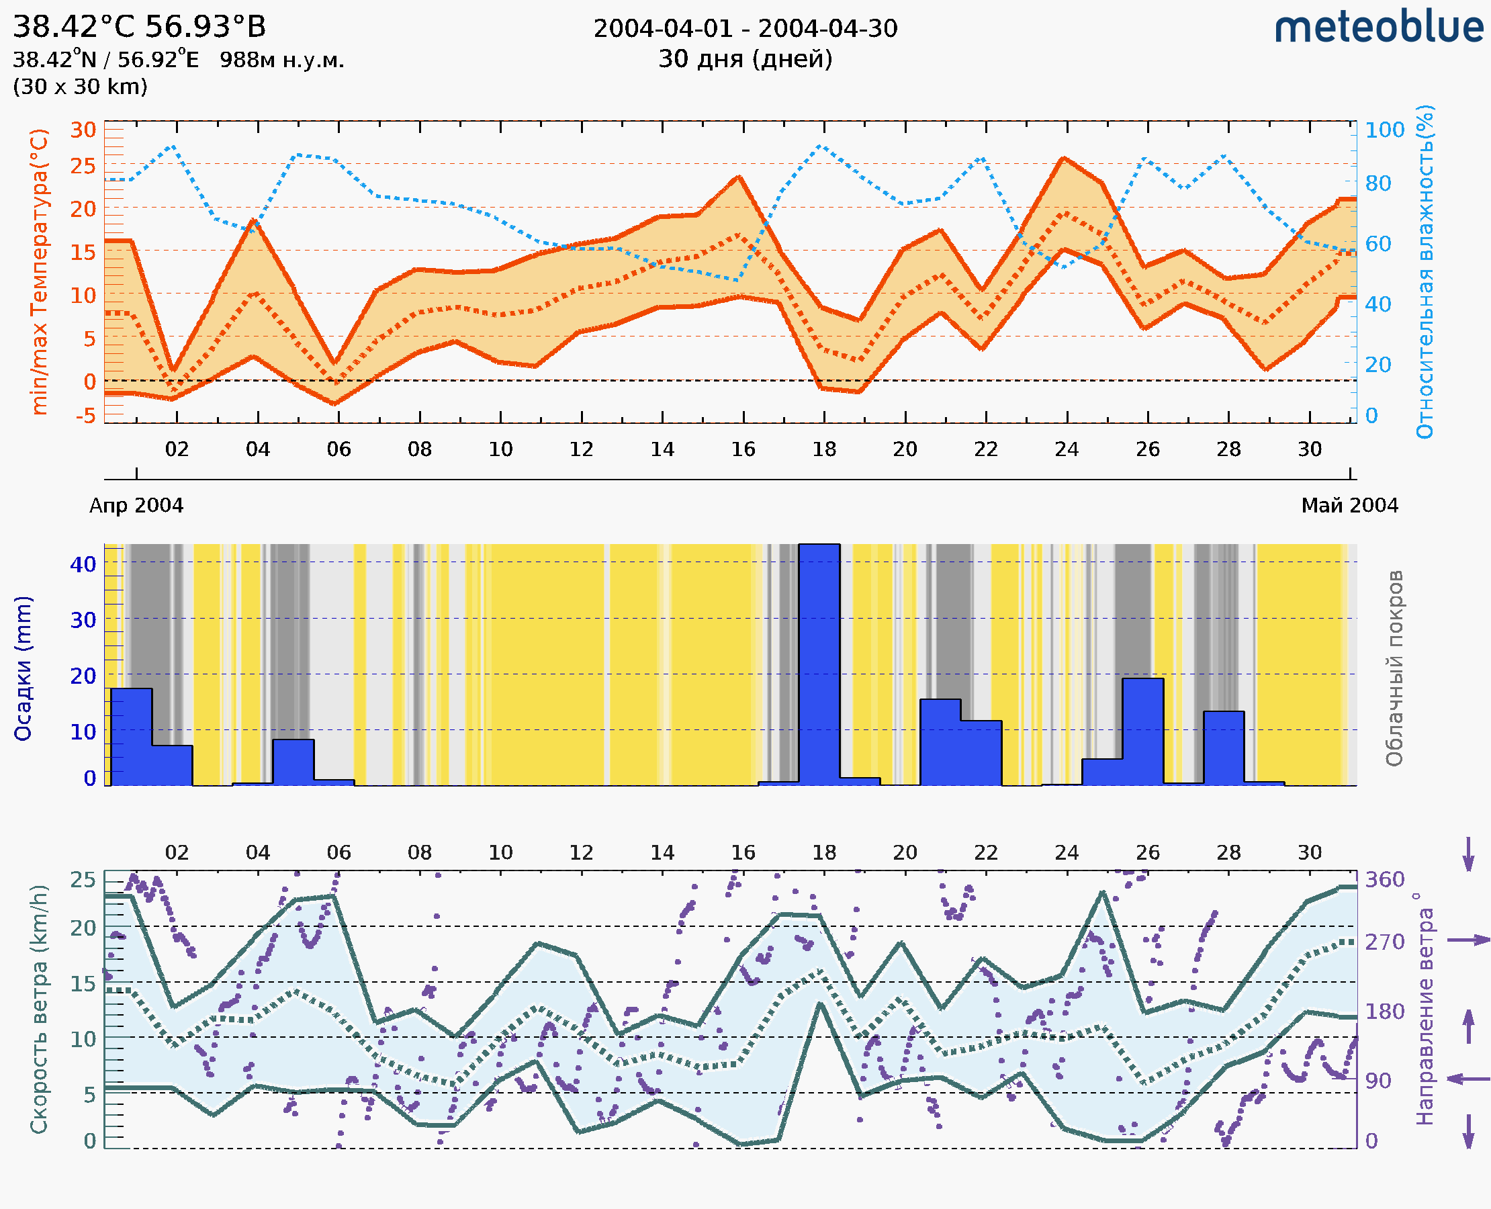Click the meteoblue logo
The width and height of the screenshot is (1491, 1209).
1378,28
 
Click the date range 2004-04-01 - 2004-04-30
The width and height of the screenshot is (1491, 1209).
745,29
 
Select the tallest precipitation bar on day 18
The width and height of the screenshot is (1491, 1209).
819,665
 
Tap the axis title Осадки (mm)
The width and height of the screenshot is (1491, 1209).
23,668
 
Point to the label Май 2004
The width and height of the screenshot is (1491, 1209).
1349,506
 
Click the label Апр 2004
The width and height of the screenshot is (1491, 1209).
136,506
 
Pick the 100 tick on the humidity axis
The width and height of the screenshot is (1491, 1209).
1384,130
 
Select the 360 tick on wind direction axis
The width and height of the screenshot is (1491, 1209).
1384,880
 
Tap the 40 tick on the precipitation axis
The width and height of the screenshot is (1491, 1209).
83,564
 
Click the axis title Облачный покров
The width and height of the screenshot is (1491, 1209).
1394,668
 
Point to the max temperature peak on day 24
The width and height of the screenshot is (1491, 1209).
1063,158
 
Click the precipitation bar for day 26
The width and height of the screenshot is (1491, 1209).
1143,731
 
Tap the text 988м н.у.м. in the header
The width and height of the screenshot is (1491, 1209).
282,60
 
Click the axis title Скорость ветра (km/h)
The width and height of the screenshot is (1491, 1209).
39,1010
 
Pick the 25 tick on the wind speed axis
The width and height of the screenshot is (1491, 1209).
83,880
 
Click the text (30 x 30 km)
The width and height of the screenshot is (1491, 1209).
80,87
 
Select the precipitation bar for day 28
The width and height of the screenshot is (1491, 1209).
1224,748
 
